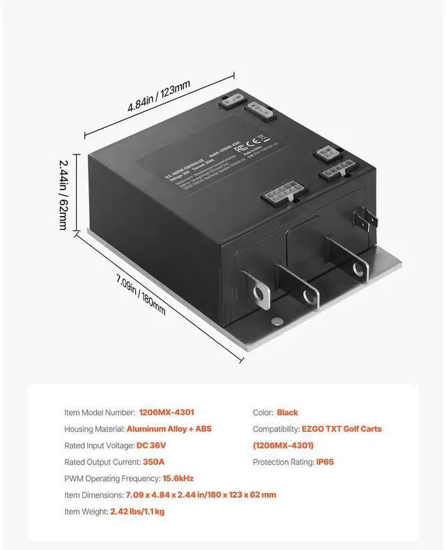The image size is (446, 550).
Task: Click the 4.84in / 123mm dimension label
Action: click(158, 97)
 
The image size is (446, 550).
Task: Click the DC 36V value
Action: click(151, 446)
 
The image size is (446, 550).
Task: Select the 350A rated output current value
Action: click(153, 462)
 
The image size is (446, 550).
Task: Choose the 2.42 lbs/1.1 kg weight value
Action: click(137, 511)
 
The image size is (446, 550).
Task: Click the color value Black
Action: click(287, 412)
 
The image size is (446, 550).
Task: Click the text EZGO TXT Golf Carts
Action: click(341, 429)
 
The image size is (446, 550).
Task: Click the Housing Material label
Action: click(94, 429)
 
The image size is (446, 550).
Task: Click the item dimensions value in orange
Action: click(201, 495)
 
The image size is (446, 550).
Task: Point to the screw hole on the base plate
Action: click(278, 321)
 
